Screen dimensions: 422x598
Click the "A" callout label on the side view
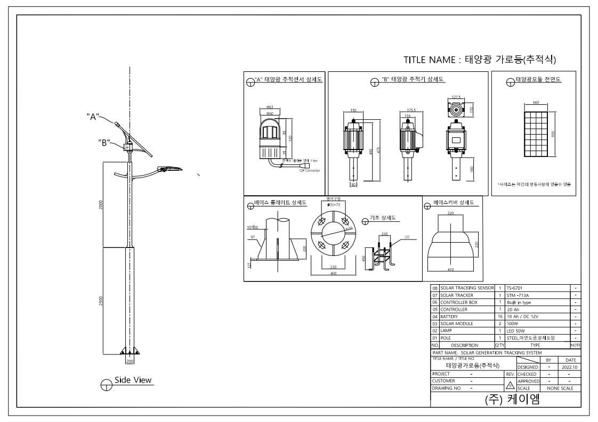click(x=94, y=117)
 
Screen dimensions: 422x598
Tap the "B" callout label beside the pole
click(x=104, y=142)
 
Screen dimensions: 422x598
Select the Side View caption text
click(x=133, y=380)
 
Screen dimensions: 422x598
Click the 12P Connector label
click(x=309, y=171)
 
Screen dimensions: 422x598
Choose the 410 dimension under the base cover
click(x=451, y=269)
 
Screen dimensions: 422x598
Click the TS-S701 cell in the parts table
click(x=515, y=287)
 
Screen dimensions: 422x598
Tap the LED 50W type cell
click(x=516, y=330)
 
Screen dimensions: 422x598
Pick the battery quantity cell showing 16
click(x=500, y=316)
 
